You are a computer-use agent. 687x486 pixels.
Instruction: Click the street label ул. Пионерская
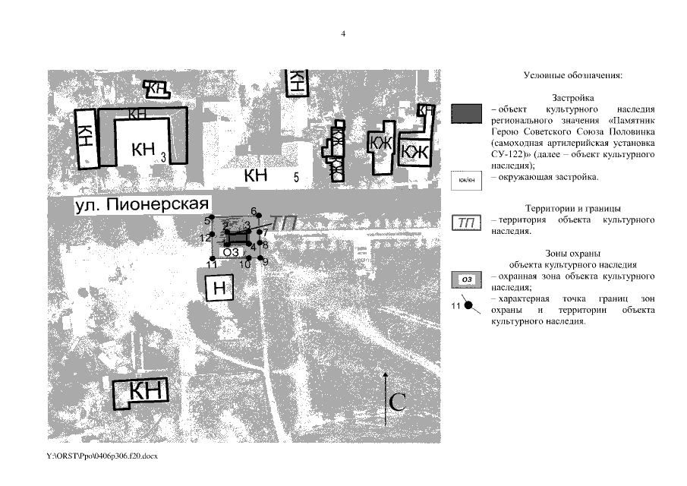(x=143, y=206)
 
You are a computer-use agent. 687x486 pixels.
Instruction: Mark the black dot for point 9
(x=260, y=260)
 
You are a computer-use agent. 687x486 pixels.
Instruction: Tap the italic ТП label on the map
(x=282, y=222)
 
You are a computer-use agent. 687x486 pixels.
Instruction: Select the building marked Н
(x=220, y=288)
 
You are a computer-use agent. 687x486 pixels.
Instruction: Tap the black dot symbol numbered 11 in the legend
(x=470, y=306)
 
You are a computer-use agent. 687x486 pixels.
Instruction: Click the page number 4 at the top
(x=343, y=34)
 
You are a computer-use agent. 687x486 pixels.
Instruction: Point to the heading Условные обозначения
(x=573, y=76)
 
